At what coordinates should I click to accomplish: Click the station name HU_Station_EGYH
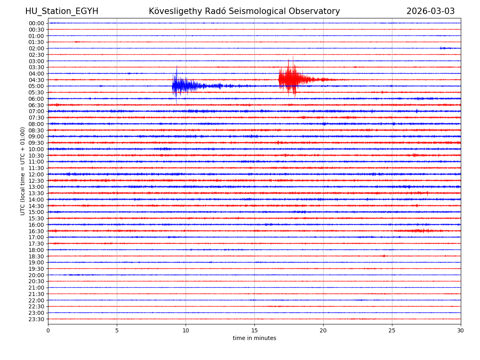point(62,11)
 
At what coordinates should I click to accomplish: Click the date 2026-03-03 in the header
point(430,11)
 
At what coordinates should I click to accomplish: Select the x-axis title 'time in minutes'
point(254,338)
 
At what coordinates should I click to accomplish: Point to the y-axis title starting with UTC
point(23,171)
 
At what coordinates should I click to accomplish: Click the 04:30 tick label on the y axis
point(36,80)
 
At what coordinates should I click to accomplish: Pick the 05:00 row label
point(36,86)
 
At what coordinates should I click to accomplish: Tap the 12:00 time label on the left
point(36,174)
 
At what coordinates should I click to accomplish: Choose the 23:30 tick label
point(36,319)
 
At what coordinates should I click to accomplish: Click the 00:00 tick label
point(36,23)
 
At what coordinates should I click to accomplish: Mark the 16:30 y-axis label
point(36,231)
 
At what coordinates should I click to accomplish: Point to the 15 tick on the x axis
point(254,330)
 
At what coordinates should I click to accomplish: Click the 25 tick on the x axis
point(392,330)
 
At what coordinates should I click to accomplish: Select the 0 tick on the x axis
point(48,330)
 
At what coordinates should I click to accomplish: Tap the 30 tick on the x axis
point(461,330)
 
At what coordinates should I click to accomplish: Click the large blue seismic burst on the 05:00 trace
point(182,86)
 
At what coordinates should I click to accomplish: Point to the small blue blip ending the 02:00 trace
point(445,48)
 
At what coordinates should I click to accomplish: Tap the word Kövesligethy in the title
point(173,11)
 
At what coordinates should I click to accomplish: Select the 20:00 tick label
point(36,275)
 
